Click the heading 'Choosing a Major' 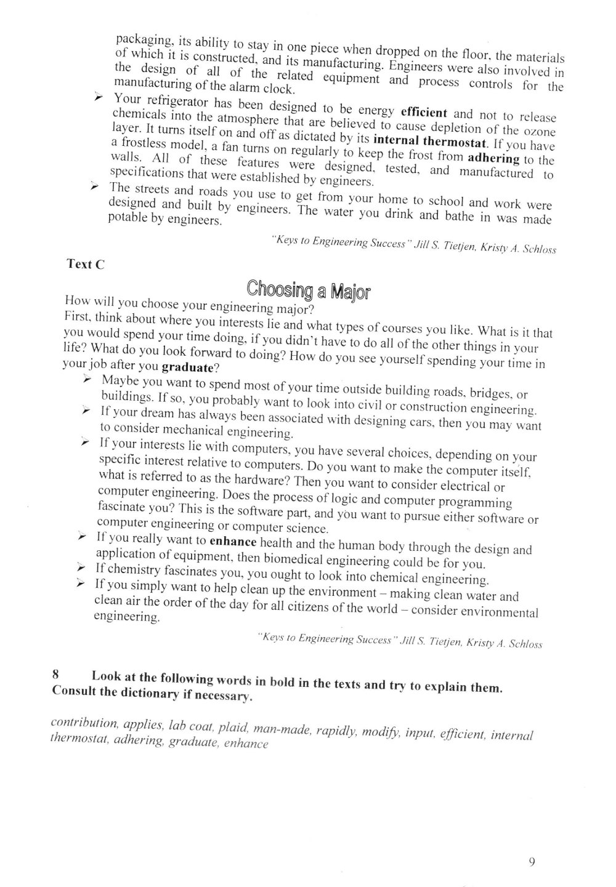tap(307, 289)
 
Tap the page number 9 tap(532, 861)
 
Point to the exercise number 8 tap(55, 674)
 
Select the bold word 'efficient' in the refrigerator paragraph tap(424, 113)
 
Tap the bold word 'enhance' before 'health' tap(233, 542)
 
